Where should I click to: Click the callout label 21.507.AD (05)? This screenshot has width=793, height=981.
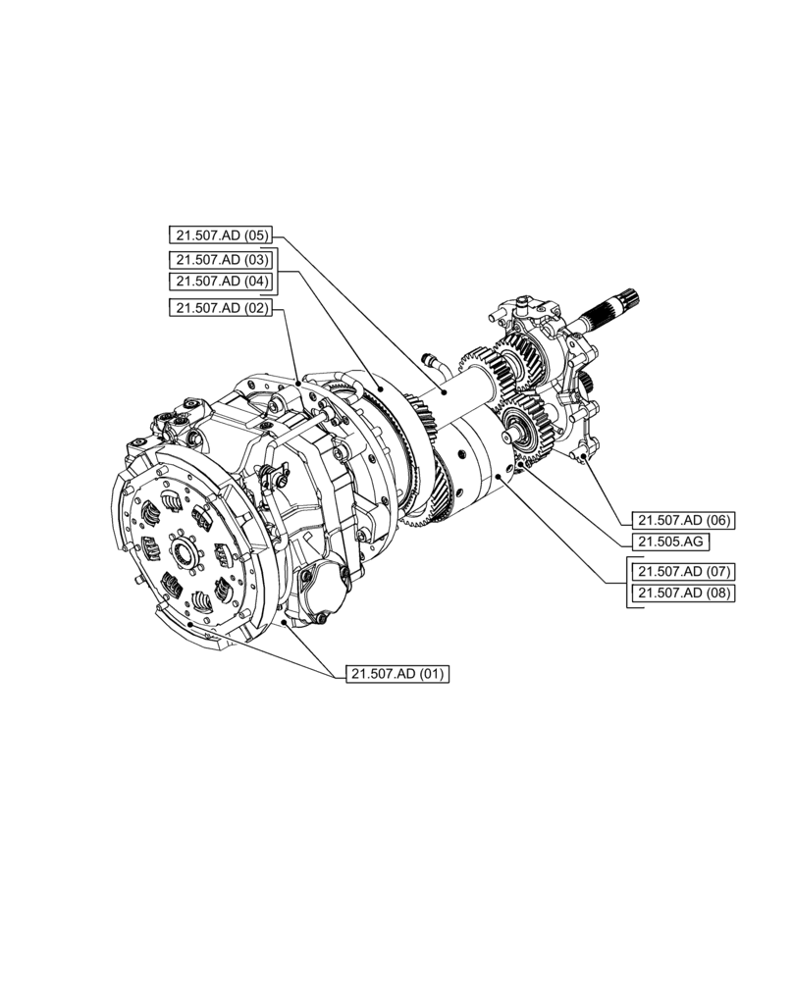219,235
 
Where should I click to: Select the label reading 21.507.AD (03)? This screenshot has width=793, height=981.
219,260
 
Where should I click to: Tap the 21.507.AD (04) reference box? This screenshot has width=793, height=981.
219,282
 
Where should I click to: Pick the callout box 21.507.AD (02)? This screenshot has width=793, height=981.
219,308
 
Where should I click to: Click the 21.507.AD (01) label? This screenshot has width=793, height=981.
396,674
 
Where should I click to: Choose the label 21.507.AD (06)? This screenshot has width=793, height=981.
683,520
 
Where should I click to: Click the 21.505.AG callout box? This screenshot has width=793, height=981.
669,542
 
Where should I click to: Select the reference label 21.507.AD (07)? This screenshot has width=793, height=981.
683,571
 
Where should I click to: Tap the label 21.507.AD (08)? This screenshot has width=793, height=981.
683,593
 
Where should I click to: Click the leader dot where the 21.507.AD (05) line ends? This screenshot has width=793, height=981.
444,391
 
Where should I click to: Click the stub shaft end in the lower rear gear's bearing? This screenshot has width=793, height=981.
509,426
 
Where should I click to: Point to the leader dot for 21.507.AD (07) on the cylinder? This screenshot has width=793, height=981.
502,475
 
